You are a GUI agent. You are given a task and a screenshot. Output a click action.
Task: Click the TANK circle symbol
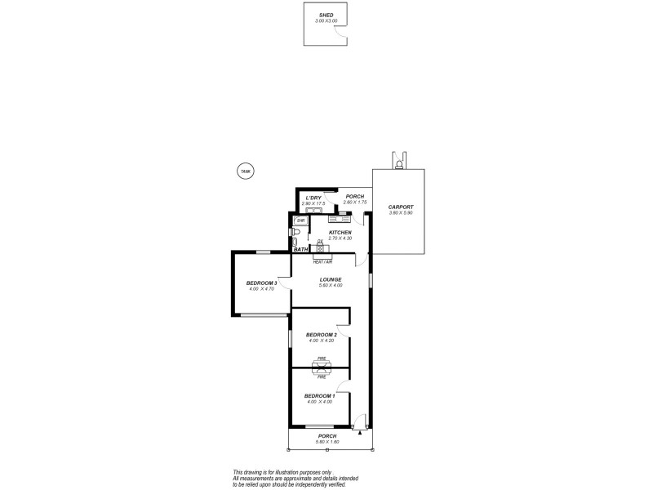pyautogui.click(x=244, y=171)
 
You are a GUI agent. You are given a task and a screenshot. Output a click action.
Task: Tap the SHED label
pyautogui.click(x=326, y=16)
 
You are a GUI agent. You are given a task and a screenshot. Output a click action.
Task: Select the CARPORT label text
pyautogui.click(x=401, y=207)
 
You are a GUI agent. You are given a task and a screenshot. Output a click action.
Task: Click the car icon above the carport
pyautogui.click(x=398, y=162)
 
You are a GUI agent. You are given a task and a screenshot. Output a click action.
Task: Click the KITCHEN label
pyautogui.click(x=340, y=233)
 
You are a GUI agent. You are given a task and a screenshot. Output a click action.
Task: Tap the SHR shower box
pyautogui.click(x=300, y=220)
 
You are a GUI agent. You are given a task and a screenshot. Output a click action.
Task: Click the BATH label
pyautogui.click(x=300, y=249)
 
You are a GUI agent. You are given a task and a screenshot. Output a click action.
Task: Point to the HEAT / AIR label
pyautogui.click(x=323, y=261)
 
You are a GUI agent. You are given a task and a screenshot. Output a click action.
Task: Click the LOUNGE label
pyautogui.click(x=331, y=279)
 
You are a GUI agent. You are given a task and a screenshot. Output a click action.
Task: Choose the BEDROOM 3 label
pyautogui.click(x=262, y=283)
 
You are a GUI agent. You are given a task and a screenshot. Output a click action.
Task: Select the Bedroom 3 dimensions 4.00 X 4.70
pyautogui.click(x=262, y=289)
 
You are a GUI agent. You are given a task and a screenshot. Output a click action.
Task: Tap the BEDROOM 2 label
pyautogui.click(x=322, y=335)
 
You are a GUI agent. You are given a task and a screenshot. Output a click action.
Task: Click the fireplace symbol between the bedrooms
pyautogui.click(x=322, y=367)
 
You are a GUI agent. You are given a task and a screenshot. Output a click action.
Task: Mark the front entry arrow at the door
pyautogui.click(x=359, y=433)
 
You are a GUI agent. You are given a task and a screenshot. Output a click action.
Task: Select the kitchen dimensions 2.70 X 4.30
pyautogui.click(x=340, y=238)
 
